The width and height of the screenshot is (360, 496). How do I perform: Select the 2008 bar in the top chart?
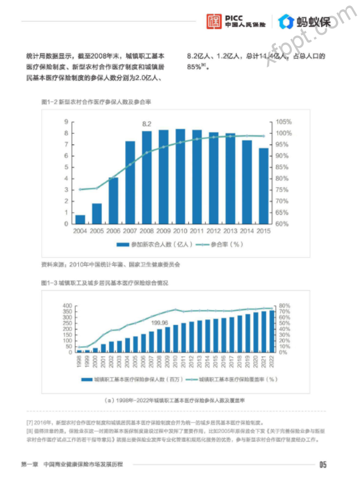(146, 177)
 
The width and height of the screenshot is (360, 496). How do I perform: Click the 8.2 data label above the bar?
(146, 124)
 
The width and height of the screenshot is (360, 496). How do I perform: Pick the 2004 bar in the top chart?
(80, 219)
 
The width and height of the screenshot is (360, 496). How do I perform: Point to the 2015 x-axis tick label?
(263, 231)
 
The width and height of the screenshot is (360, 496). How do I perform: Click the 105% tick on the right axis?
(284, 122)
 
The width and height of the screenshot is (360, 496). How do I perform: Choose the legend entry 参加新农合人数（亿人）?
(156, 245)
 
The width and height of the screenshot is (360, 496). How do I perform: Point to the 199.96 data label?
(160, 323)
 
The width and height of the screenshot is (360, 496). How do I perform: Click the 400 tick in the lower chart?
(67, 306)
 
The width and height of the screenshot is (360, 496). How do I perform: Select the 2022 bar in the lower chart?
(271, 331)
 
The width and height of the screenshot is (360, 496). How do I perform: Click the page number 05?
(322, 464)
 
